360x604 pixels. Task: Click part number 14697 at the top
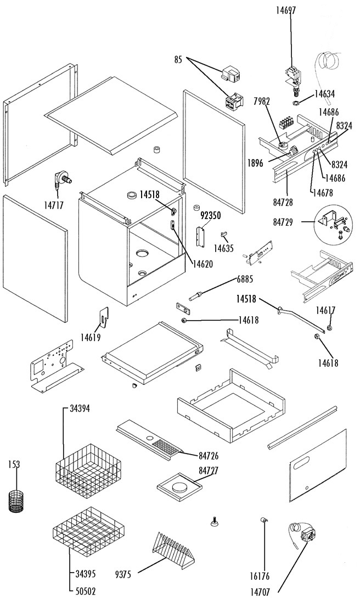point(286,10)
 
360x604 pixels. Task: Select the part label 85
point(178,60)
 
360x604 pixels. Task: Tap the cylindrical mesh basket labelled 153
point(16,501)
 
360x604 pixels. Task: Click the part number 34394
point(80,409)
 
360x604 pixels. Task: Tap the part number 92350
point(211,216)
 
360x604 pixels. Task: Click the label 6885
point(245,279)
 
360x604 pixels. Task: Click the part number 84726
point(209,456)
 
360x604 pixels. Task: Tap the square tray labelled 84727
point(179,488)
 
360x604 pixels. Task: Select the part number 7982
point(262,102)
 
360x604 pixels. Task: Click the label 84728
point(283,202)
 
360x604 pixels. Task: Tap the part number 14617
point(326,310)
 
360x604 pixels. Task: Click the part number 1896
point(255,163)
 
